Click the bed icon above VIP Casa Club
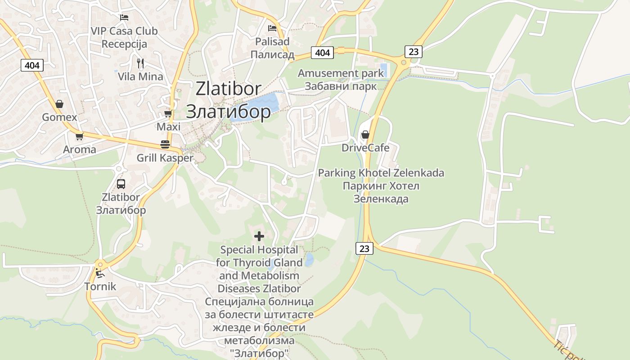(x=124, y=18)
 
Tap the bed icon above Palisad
(x=272, y=28)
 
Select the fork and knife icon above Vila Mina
(x=140, y=63)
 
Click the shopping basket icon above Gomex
(x=59, y=104)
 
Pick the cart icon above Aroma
(x=80, y=136)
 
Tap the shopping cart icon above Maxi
(x=168, y=113)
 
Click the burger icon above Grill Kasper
(x=165, y=144)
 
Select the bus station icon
(x=121, y=184)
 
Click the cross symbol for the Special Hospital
(x=259, y=236)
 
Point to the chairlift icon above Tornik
(x=100, y=273)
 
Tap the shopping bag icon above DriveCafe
(x=365, y=135)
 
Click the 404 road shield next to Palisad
(x=322, y=53)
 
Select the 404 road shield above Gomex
(x=32, y=65)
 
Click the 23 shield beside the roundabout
(x=414, y=52)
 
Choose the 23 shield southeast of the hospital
(x=364, y=248)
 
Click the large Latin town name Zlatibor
(x=228, y=89)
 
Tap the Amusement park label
(x=341, y=73)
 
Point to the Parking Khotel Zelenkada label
(x=381, y=173)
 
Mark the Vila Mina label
(x=140, y=76)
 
